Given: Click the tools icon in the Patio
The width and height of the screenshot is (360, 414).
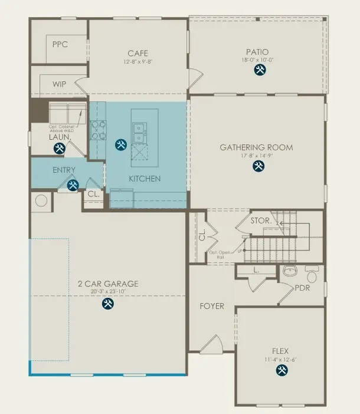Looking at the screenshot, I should tap(260, 70).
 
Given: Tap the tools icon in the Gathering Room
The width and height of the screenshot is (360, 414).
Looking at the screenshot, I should tap(258, 166).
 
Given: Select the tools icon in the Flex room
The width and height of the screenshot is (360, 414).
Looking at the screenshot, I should tap(281, 370).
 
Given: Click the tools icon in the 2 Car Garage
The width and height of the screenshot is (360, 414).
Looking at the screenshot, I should tap(107, 304).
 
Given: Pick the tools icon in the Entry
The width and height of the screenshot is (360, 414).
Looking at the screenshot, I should tap(73, 185).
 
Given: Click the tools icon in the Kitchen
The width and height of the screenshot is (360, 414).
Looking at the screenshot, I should tap(121, 144).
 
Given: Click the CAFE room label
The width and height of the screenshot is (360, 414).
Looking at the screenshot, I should tap(138, 53).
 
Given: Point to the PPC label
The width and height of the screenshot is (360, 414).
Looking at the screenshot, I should tap(60, 44).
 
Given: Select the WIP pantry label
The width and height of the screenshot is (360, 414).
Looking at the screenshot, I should tap(59, 84).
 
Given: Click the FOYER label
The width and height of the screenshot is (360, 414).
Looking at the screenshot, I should tap(212, 306).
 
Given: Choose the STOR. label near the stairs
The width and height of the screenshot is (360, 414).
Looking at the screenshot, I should tap(261, 221).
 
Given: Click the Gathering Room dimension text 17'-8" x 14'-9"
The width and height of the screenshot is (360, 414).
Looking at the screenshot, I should tap(256, 156).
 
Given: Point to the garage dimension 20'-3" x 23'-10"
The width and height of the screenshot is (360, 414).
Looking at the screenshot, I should tap(108, 292).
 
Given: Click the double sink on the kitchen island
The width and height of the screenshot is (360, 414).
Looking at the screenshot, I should tap(140, 133).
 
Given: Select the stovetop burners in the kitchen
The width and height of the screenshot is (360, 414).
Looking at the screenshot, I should tap(98, 130).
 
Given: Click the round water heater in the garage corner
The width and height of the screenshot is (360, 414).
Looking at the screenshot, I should tap(41, 201).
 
